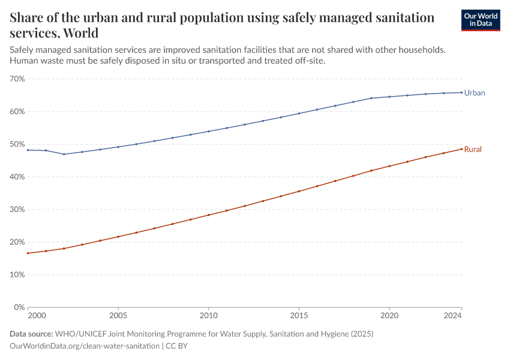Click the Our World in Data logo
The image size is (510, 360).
[x=480, y=20]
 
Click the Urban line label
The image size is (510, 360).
[x=474, y=93]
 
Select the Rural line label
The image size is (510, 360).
[x=473, y=149]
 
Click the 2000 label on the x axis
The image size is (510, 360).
[x=36, y=315]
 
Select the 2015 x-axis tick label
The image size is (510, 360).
[x=299, y=315]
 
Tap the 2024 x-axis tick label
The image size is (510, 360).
[x=452, y=315]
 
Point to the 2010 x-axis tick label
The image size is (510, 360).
[x=208, y=315]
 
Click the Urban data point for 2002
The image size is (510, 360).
[x=64, y=154]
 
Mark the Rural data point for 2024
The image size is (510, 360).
[x=461, y=149]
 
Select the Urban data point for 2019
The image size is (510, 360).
[x=371, y=98]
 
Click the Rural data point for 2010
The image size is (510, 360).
[x=208, y=215]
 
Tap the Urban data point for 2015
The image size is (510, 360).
[x=299, y=113]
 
